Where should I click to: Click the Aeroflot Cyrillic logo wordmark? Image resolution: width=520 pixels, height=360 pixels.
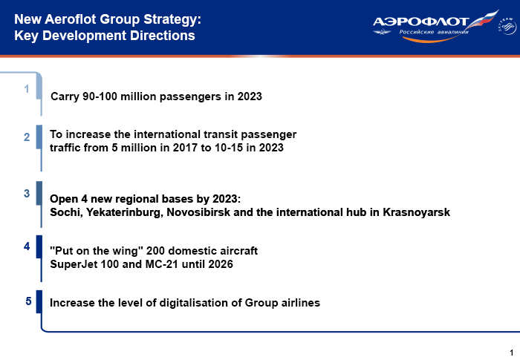click(x=420, y=22)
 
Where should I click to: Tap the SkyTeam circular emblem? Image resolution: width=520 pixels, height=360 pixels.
click(x=507, y=26)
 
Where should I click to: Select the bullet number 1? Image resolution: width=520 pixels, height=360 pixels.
click(x=27, y=89)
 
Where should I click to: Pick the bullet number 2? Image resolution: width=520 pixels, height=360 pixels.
click(x=27, y=137)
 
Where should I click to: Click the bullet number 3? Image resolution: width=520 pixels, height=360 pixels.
click(x=27, y=194)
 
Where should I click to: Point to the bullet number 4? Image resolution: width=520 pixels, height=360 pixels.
click(x=27, y=246)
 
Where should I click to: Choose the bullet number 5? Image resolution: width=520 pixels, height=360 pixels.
click(x=28, y=301)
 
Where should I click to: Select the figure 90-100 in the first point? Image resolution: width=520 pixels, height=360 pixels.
click(x=100, y=96)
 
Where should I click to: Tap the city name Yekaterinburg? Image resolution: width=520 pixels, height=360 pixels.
click(x=125, y=212)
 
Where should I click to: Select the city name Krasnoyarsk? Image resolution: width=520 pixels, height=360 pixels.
click(x=417, y=212)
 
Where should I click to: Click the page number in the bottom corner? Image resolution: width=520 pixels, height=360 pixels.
click(x=511, y=353)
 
